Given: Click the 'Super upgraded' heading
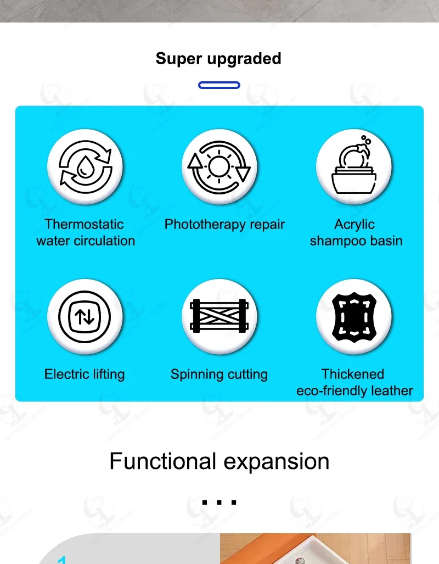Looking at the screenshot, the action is coord(218,59).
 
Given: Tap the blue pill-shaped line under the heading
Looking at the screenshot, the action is coord(219,85).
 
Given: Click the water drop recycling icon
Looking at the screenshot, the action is coord(85,166).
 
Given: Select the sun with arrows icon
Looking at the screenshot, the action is coord(219,166).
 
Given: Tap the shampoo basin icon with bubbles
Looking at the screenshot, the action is coord(353,166).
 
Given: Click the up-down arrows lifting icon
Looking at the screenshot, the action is coord(85,316).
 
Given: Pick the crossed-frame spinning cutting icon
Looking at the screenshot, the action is coord(219,316).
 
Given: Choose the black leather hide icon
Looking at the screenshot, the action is coord(354,316).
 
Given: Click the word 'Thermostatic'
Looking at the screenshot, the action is coord(84,224).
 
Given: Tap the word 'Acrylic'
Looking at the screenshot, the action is coord(354,224).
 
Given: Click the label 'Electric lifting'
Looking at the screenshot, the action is coord(85,375).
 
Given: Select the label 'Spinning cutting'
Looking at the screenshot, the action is coord(219,375).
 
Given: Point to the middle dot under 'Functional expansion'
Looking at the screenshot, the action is coord(219,501).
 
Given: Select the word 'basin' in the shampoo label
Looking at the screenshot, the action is coord(386,241).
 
